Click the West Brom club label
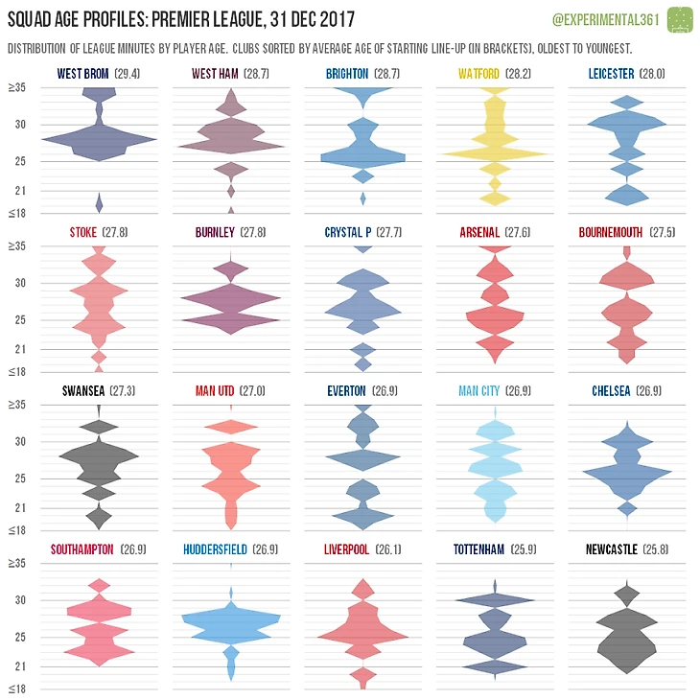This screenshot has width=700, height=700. (83, 74)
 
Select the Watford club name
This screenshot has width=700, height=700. (478, 74)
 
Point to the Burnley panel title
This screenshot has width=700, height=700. (214, 232)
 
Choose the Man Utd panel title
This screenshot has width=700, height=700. (215, 391)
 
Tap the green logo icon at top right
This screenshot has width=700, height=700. (680, 18)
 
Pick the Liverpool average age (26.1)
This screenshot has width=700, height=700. (391, 549)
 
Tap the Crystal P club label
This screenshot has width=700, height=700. (346, 232)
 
